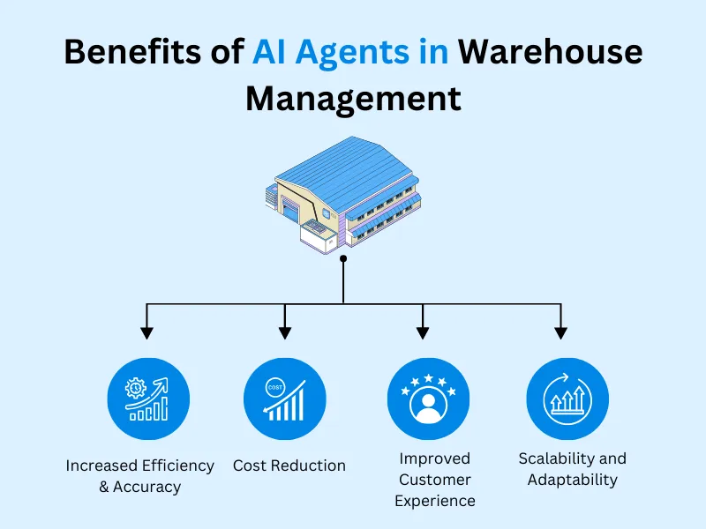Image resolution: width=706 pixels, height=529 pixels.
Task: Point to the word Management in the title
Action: (x=353, y=99)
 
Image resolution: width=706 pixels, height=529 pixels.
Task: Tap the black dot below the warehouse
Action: (x=343, y=259)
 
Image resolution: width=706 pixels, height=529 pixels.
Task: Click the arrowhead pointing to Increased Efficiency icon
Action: (x=147, y=333)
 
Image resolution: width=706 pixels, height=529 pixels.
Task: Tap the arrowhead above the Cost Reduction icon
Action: (x=285, y=333)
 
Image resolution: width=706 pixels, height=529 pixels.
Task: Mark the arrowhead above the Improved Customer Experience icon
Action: (x=423, y=333)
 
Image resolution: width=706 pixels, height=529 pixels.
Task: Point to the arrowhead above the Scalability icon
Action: (x=560, y=333)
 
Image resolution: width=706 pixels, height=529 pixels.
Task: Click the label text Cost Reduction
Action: (x=289, y=466)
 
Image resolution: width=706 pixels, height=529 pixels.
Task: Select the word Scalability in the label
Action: (x=552, y=458)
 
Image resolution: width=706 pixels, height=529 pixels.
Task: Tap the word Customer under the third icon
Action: (x=434, y=480)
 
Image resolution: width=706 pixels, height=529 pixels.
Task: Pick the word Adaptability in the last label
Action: (x=573, y=480)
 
